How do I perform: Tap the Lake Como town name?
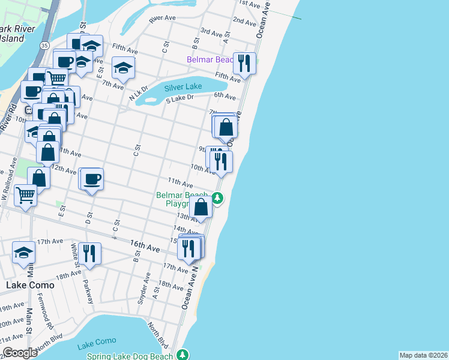(x=30, y=285)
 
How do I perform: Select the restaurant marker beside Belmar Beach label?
(x=244, y=62)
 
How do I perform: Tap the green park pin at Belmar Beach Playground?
(x=218, y=198)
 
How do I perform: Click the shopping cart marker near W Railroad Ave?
(x=25, y=195)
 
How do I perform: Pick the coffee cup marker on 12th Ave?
(x=92, y=179)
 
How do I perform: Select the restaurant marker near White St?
(x=89, y=253)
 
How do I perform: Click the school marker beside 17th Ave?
(x=24, y=253)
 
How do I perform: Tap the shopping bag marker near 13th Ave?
(x=202, y=207)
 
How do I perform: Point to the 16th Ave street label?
(x=145, y=247)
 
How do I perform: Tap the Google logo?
(x=20, y=353)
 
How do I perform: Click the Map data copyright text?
(x=423, y=355)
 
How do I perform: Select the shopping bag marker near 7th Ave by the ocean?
(x=226, y=127)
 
